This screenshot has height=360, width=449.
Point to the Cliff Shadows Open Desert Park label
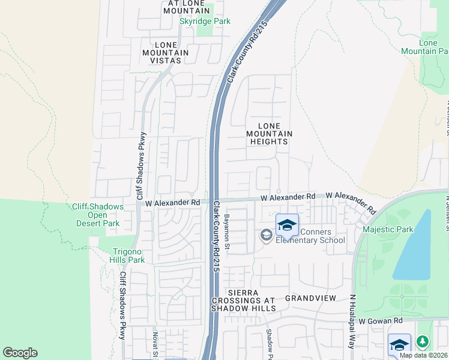[98, 215]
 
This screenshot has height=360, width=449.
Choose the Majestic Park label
[388, 229]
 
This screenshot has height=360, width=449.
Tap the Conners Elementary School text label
[310, 236]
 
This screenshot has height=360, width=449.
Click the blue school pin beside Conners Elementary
[287, 226]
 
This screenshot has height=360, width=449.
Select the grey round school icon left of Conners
[266, 236]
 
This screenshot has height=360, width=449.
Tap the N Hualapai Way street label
[352, 322]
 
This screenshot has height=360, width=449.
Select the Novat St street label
[155, 345]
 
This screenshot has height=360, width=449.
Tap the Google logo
[20, 353]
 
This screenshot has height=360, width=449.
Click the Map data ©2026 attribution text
[423, 355]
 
